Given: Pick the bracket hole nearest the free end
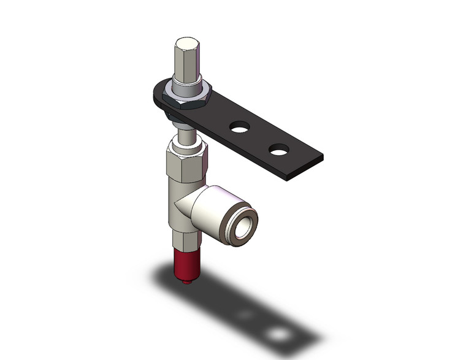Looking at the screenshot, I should (x=279, y=150).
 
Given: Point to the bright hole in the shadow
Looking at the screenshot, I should (x=280, y=334).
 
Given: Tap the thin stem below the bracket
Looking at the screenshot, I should (x=185, y=131).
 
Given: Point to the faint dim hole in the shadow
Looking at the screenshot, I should (x=245, y=315).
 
